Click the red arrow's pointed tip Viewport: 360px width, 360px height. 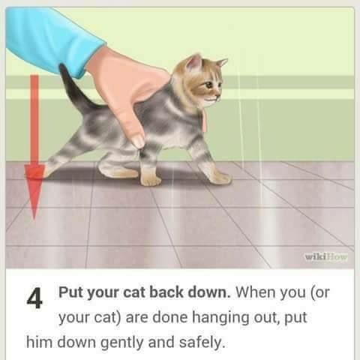(34, 219)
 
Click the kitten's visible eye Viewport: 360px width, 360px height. (209, 86)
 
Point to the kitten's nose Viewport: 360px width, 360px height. (219, 96)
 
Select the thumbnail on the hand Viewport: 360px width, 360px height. (138, 142)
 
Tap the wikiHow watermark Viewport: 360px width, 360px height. (326, 256)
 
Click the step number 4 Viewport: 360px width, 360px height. (34, 298)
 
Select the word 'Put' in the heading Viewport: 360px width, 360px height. (69, 292)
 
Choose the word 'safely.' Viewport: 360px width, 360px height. (202, 343)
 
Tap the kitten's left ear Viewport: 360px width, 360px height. (194, 62)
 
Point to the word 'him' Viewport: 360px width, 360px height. (39, 342)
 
